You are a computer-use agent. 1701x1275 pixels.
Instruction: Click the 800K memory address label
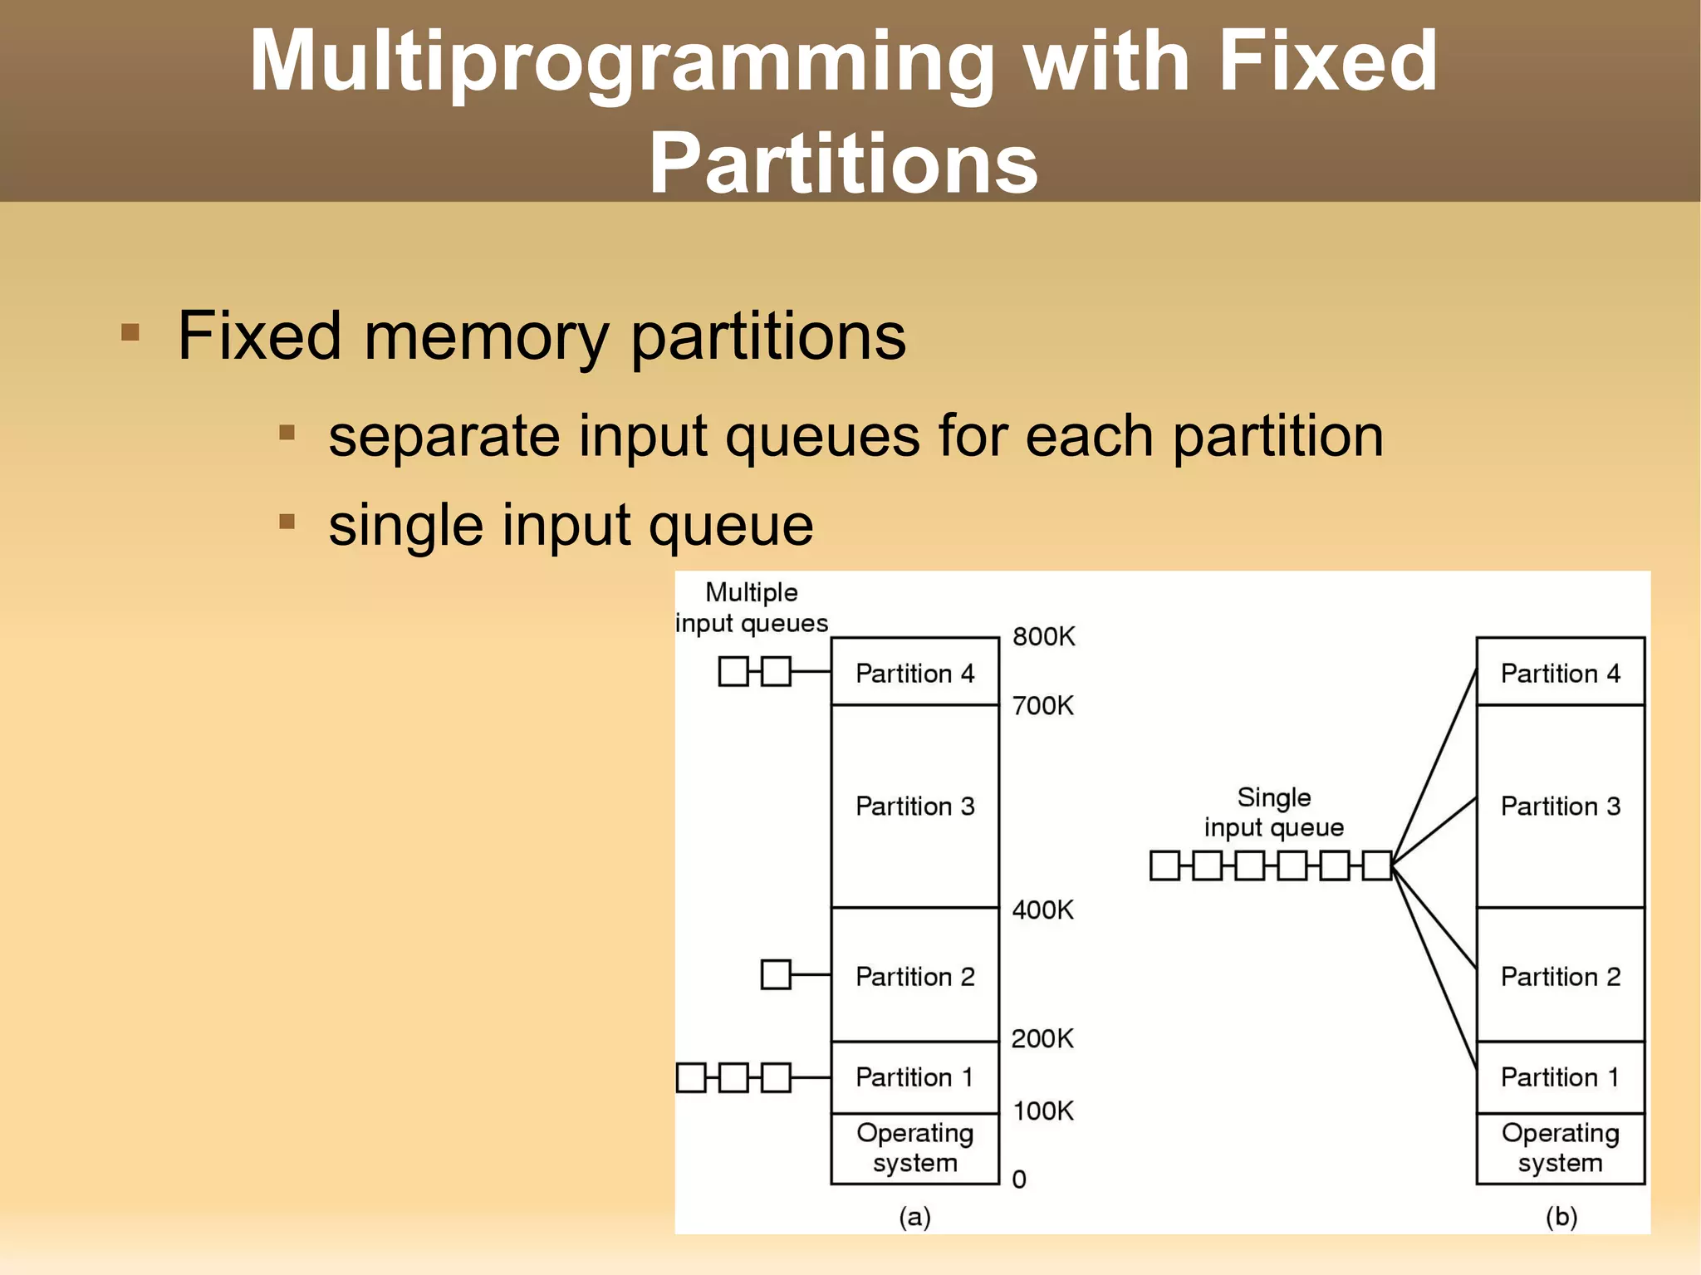pyautogui.click(x=1043, y=637)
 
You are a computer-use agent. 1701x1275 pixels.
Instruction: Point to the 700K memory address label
pyautogui.click(x=1042, y=706)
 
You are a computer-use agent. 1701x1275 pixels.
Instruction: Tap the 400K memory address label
pyautogui.click(x=1042, y=910)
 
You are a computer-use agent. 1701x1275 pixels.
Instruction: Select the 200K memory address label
pyautogui.click(x=1042, y=1039)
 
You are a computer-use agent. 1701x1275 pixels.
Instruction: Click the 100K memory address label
pyautogui.click(x=1042, y=1111)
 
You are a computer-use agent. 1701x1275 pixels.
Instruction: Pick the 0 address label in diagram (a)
pyautogui.click(x=1019, y=1179)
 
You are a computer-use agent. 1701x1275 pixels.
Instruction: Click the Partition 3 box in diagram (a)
pyautogui.click(x=914, y=807)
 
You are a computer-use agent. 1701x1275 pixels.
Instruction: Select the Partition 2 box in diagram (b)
pyautogui.click(x=1560, y=976)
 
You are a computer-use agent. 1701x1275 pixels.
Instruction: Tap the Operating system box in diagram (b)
pyautogui.click(x=1560, y=1148)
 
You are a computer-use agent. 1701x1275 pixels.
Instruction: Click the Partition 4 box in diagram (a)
pyautogui.click(x=914, y=673)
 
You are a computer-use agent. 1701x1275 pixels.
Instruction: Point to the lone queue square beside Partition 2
pyautogui.click(x=776, y=974)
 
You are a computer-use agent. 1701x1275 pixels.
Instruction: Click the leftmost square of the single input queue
pyautogui.click(x=1164, y=866)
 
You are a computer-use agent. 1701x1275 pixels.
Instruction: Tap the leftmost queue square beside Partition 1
pyautogui.click(x=691, y=1077)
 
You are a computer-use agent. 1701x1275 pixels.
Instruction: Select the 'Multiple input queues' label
pyautogui.click(x=752, y=608)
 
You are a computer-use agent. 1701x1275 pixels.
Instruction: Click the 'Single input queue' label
pyautogui.click(x=1273, y=812)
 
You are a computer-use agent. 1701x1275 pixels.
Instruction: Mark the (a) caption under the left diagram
pyautogui.click(x=914, y=1217)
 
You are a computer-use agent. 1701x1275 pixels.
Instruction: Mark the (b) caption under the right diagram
pyautogui.click(x=1561, y=1217)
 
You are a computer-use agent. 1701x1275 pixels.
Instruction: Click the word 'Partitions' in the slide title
pyautogui.click(x=843, y=164)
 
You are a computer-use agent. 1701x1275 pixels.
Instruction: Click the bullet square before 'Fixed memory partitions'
pyautogui.click(x=130, y=333)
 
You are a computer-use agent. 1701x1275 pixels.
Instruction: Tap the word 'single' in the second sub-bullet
pyautogui.click(x=405, y=525)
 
